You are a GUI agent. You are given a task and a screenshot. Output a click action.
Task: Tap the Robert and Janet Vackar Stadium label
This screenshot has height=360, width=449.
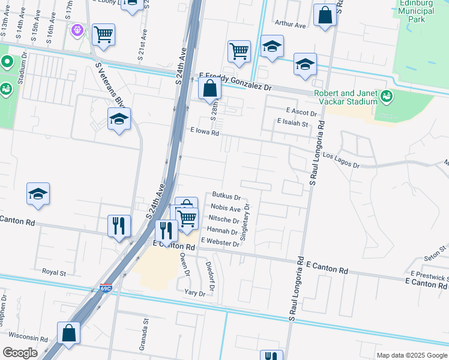coord(345,97)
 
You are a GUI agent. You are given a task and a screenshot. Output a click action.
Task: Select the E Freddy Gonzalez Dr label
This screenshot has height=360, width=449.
coord(236,81)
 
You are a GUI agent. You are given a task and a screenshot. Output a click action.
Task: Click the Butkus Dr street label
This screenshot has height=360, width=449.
coord(226,196)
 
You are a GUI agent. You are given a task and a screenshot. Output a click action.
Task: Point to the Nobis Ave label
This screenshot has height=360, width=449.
coord(226,208)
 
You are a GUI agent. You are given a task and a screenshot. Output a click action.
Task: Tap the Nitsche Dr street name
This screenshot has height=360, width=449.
coord(223,219)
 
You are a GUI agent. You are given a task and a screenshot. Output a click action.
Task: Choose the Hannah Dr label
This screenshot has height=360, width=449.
coord(222,230)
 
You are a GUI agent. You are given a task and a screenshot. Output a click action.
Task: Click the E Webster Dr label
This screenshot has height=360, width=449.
coord(220,241)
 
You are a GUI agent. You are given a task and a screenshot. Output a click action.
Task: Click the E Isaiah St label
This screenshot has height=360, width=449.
coord(292,124)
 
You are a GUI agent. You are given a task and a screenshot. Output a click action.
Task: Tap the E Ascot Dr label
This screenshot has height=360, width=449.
coord(301,112)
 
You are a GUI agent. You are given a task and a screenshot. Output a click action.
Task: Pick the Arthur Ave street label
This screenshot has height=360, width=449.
coord(290,24)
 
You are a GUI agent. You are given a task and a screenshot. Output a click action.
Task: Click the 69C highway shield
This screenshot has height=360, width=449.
coord(106,288)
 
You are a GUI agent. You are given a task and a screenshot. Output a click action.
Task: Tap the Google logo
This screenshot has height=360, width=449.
coord(20,352)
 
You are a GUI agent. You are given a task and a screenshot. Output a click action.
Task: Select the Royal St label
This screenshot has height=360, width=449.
coord(53,272)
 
